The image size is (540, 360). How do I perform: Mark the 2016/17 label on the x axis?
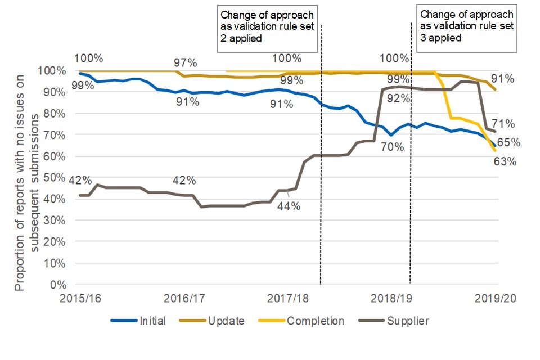[186, 296]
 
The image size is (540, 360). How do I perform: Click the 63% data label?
[505, 162]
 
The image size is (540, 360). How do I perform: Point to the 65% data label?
[508, 143]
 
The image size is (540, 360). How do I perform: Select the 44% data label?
[289, 206]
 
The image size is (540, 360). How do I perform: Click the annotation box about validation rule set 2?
[268, 26]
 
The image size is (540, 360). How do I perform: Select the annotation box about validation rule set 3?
[467, 26]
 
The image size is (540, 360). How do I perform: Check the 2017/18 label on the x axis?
[288, 296]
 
